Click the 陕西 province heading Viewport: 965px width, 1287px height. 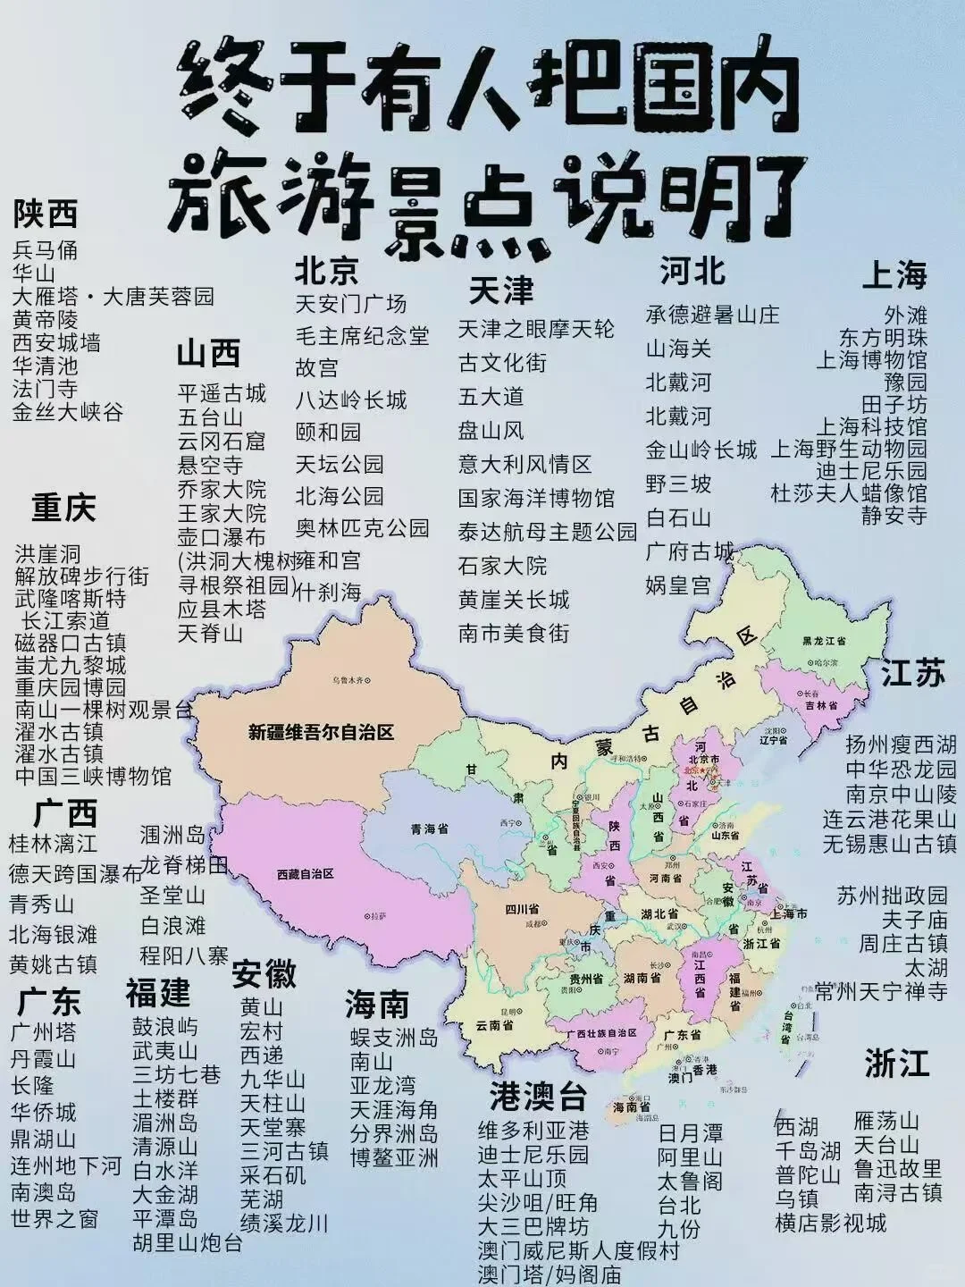[46, 214]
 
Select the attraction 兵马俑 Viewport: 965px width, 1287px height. [46, 249]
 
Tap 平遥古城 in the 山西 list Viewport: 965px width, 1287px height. [222, 393]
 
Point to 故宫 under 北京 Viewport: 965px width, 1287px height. [317, 367]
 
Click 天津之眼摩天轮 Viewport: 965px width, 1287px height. [536, 329]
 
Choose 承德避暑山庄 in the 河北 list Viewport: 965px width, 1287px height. [712, 315]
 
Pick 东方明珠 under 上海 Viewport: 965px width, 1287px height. [883, 338]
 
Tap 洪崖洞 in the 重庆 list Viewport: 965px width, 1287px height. [47, 554]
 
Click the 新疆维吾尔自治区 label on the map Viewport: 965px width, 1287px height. [321, 733]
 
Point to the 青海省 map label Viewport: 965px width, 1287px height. [428, 829]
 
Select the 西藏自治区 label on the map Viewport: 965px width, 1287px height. [305, 873]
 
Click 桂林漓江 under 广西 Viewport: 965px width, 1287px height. [53, 843]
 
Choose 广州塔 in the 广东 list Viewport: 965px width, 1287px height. [43, 1032]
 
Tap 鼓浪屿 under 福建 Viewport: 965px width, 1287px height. [165, 1026]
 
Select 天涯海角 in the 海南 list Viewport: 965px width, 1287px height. [393, 1110]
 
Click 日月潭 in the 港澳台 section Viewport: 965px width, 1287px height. [690, 1133]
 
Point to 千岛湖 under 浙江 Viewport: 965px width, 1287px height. [807, 1150]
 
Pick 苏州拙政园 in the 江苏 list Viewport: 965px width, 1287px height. [892, 896]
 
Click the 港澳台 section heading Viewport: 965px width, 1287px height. [538, 1096]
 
